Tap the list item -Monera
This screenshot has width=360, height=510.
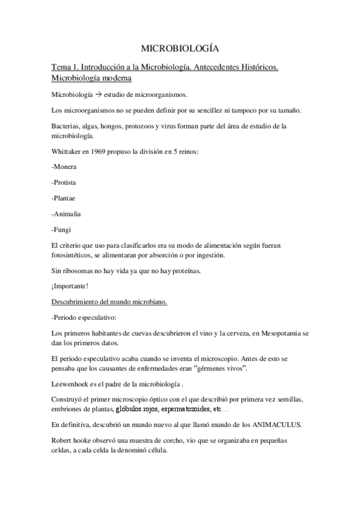tap(64, 167)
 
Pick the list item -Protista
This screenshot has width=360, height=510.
tap(64, 182)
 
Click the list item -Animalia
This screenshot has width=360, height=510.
tap(67, 214)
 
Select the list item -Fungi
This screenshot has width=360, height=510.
tap(62, 229)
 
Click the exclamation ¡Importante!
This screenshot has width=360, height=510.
tap(70, 285)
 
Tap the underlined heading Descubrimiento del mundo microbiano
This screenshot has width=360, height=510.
tap(109, 301)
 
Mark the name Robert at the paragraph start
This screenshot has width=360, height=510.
tap(64, 440)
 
